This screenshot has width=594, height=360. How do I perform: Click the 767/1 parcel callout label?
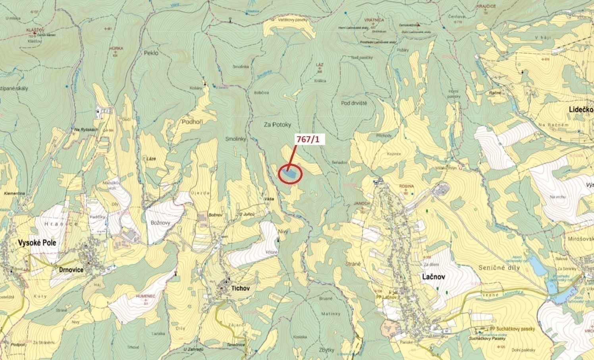310,139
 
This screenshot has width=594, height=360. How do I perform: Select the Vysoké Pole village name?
37,243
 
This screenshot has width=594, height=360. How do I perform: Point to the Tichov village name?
240,288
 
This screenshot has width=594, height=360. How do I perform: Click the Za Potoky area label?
278,125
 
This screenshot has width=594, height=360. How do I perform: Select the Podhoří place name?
192,122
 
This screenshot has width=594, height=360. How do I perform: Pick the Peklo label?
151,53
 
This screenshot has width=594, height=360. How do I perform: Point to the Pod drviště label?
354,103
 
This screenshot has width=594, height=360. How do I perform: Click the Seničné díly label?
499,268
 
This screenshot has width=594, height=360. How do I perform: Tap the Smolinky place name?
236,139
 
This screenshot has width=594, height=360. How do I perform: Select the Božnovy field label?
160,223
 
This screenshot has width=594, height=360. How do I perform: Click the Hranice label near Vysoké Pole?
62,224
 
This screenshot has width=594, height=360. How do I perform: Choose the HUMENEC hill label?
145,296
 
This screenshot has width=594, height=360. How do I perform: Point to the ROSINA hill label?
407,186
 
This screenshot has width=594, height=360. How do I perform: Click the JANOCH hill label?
362,203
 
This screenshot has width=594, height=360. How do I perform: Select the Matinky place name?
331,314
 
